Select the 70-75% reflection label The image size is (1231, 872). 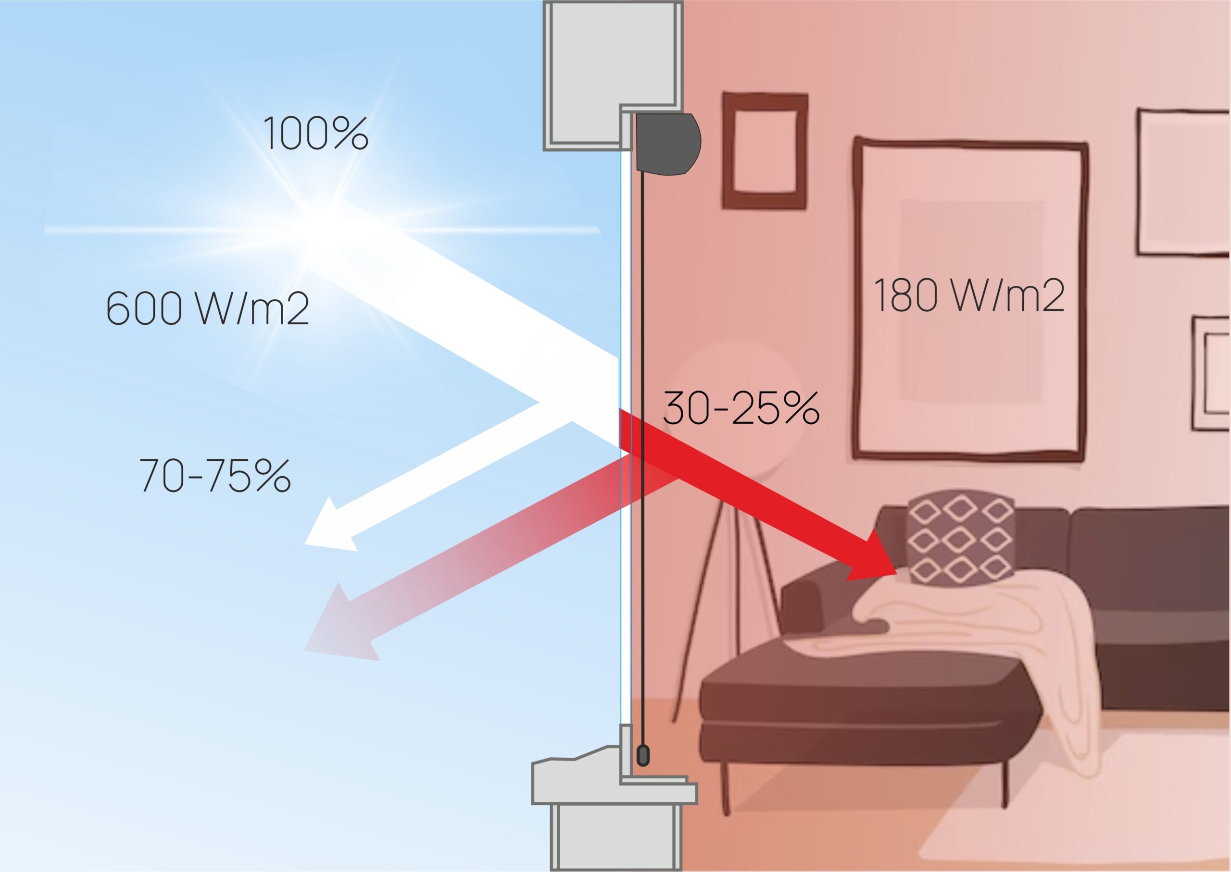215,475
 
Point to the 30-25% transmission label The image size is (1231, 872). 741,407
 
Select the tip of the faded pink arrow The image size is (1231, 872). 304,651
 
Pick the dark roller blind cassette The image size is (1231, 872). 668,144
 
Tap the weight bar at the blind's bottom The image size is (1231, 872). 642,755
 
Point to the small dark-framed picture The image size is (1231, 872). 764,151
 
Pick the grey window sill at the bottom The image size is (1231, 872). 614,781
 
